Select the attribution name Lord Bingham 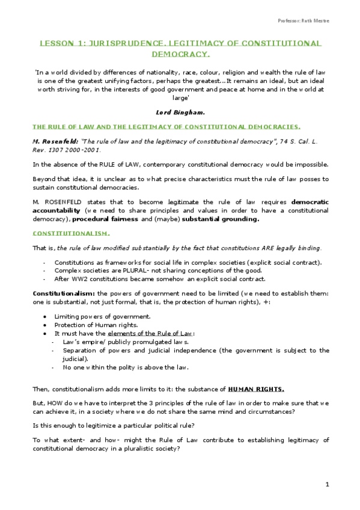(x=180, y=112)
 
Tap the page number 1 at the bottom (x=327, y=484)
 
